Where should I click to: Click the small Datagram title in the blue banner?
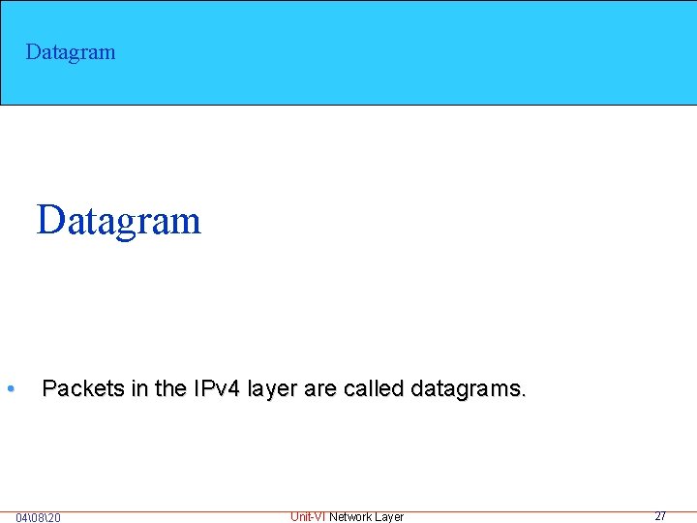tap(71, 52)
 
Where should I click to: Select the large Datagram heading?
tap(118, 221)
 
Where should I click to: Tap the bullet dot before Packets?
tap(9, 389)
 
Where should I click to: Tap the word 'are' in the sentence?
tap(320, 389)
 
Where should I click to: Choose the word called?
tap(372, 389)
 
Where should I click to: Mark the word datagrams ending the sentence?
tap(469, 389)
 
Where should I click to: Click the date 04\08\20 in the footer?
tap(38, 517)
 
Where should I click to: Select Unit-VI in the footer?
tap(308, 516)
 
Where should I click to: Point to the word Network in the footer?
tap(350, 516)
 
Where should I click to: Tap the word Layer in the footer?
tap(389, 516)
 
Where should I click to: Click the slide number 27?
tap(660, 515)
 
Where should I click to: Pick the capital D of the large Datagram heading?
tap(49, 220)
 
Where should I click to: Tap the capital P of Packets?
tap(50, 389)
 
